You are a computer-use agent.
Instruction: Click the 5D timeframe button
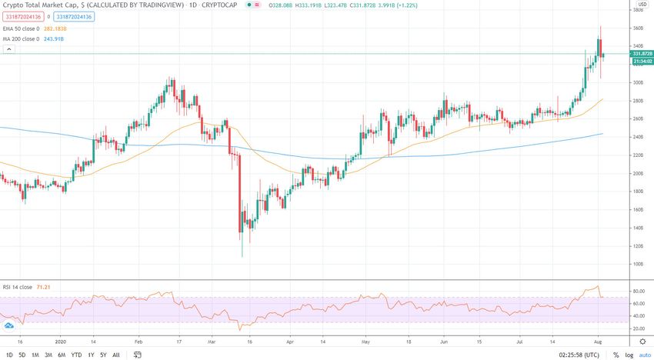(x=22, y=355)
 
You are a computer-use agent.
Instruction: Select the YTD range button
(x=76, y=355)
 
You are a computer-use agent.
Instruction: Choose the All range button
(x=115, y=355)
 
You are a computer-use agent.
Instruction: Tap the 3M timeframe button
(x=48, y=355)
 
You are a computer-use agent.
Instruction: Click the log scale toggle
(x=629, y=355)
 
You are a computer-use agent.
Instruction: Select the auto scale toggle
(x=644, y=355)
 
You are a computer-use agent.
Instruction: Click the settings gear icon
(x=642, y=342)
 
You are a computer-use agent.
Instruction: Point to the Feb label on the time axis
(x=139, y=342)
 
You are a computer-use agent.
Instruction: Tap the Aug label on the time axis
(x=597, y=342)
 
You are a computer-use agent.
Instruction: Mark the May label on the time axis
(x=365, y=342)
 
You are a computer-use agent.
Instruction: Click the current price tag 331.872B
(x=642, y=53)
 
